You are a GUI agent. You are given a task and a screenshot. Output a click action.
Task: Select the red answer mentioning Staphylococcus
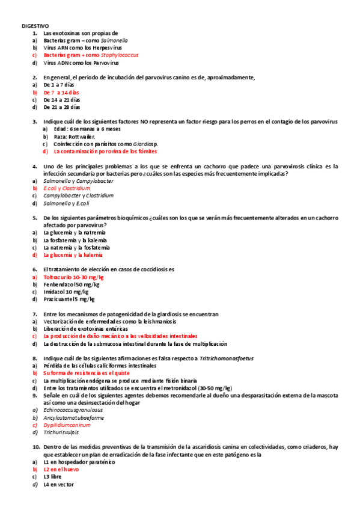(x=91, y=55)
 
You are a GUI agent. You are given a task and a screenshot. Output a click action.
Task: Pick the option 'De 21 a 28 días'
(x=63, y=107)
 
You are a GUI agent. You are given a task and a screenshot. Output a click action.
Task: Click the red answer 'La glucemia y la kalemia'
(x=74, y=254)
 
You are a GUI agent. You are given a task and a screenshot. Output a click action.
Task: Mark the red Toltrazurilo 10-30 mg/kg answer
(x=73, y=277)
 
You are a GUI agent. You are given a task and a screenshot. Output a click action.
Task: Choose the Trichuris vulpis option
(x=61, y=432)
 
